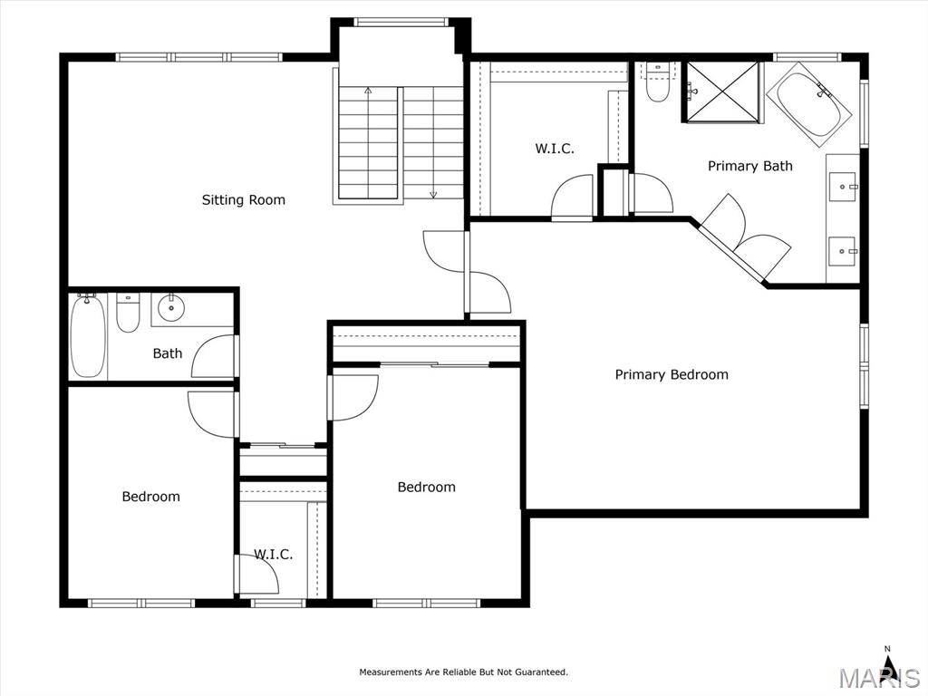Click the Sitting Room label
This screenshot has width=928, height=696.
(243, 200)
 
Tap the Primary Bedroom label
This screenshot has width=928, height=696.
(672, 374)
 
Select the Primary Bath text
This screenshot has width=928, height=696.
(749, 167)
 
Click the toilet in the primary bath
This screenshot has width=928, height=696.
(657, 82)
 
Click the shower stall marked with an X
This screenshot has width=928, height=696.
(722, 92)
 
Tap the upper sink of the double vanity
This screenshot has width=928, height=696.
(842, 187)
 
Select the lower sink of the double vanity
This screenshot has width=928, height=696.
(842, 251)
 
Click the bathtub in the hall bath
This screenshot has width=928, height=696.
(88, 335)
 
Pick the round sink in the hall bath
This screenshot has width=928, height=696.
(171, 308)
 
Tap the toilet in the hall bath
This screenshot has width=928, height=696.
(127, 313)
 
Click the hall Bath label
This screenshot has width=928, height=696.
(168, 354)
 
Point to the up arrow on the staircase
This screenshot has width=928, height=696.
(368, 91)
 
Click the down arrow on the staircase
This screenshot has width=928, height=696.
(433, 194)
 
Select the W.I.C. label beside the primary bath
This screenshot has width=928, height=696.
(555, 149)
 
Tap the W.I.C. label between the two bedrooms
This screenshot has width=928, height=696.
(274, 555)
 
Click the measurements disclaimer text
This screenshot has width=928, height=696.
(463, 672)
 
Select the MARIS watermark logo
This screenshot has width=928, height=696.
(879, 679)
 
